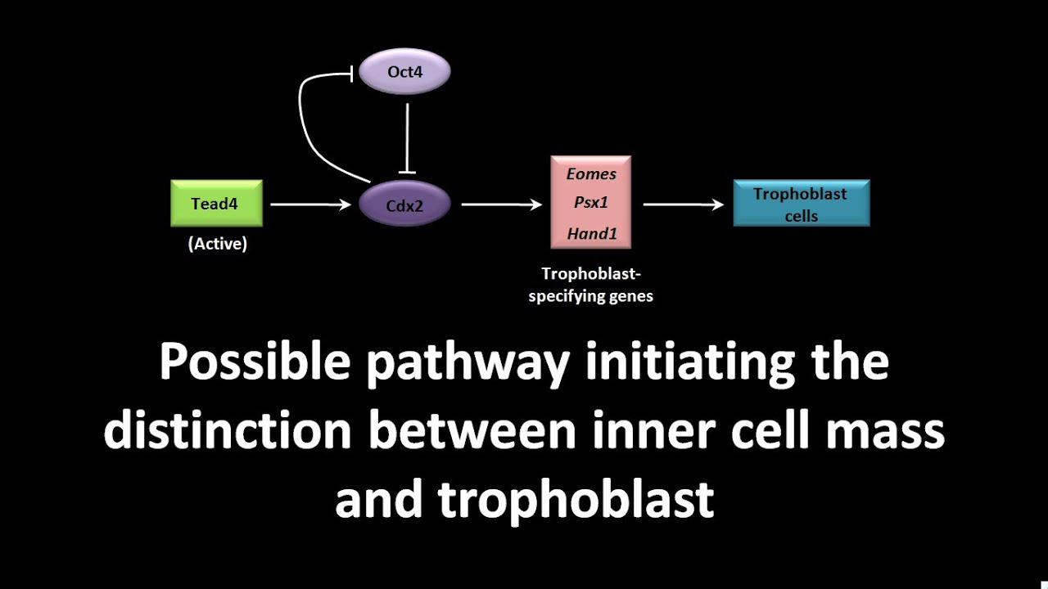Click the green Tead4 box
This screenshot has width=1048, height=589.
[x=216, y=204]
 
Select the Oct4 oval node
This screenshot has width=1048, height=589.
[x=404, y=72]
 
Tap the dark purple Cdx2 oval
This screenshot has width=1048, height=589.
[x=404, y=205]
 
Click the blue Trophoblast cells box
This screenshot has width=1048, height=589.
[x=800, y=204]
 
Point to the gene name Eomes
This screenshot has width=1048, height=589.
[x=591, y=173]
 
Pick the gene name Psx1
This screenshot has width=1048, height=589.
[x=591, y=203]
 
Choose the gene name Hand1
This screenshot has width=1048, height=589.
[x=591, y=234]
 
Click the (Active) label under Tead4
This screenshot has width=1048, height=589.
[x=217, y=244]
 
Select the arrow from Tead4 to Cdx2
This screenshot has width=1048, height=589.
[x=310, y=205]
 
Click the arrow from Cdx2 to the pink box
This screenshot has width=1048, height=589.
[x=501, y=205]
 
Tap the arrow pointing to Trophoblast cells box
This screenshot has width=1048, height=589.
[x=683, y=205]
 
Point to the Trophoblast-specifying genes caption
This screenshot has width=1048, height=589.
[x=590, y=286]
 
